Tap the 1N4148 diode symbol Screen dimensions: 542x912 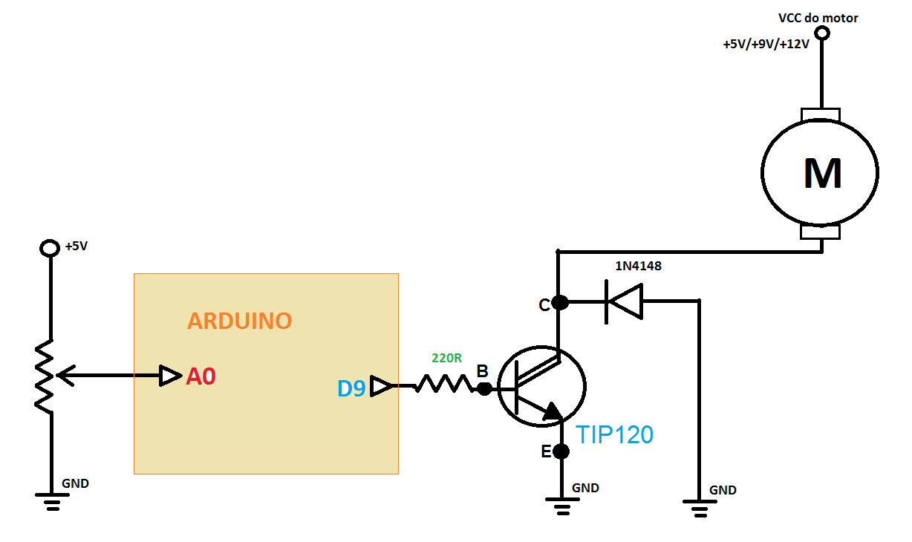pos(624,301)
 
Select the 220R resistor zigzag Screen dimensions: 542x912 pos(443,385)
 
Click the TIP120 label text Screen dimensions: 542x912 pos(615,434)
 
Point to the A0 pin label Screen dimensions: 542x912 pos(201,377)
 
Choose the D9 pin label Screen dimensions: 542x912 pos(351,388)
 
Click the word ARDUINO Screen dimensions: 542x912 pos(239,321)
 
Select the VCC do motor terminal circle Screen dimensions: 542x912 pos(821,33)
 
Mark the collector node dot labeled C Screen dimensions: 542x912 pos(561,302)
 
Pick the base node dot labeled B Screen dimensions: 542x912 pos(484,388)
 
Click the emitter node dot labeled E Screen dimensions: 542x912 pos(561,451)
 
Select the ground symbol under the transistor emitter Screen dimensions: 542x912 pos(561,509)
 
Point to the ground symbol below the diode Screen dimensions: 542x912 pos(699,509)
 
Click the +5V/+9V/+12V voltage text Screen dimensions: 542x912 pos(765,45)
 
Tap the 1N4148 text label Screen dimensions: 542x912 pos(638,266)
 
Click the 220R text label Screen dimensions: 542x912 pos(446,358)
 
